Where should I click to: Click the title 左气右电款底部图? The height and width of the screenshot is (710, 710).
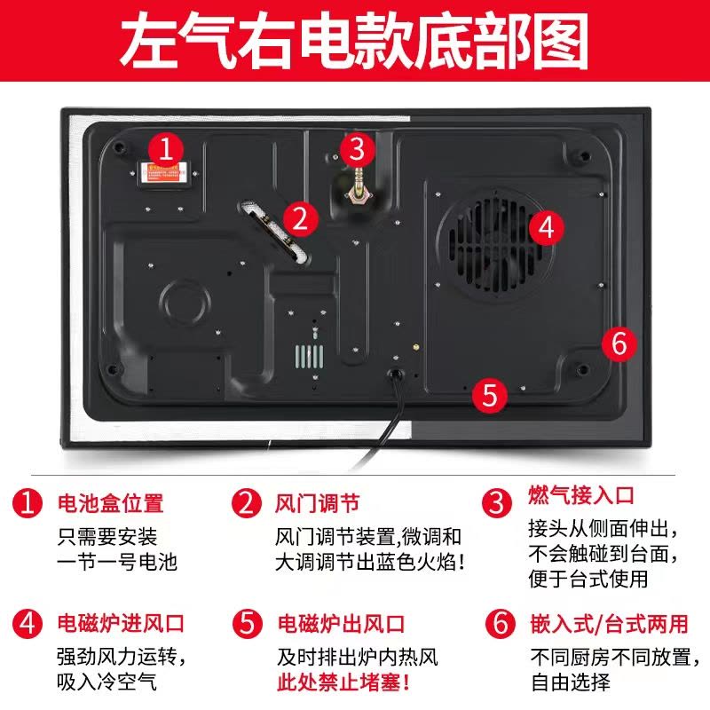click(x=354, y=41)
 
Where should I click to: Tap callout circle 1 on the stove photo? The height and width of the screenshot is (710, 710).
click(x=166, y=149)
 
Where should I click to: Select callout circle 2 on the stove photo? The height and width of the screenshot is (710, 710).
click(x=301, y=218)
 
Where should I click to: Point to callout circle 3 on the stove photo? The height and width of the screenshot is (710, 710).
click(x=358, y=149)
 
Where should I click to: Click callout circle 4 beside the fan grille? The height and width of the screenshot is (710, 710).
click(x=547, y=227)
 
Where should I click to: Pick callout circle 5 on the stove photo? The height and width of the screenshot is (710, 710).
click(x=490, y=395)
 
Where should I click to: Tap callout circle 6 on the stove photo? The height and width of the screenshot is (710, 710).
click(x=619, y=343)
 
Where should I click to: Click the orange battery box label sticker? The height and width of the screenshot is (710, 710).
click(x=162, y=173)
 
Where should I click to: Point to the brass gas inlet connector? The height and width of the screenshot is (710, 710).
click(x=359, y=187)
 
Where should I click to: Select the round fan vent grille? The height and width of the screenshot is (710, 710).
click(x=495, y=245)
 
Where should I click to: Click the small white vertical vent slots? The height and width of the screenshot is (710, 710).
click(x=309, y=357)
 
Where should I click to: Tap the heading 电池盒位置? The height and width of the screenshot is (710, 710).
click(x=110, y=503)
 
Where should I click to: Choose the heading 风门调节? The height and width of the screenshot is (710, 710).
click(x=318, y=503)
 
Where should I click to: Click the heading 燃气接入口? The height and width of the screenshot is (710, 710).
click(x=581, y=494)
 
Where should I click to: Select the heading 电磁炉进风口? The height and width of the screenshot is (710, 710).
click(x=121, y=623)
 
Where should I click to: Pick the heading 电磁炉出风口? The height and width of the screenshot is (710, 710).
click(x=341, y=623)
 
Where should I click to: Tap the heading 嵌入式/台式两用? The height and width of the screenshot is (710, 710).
click(x=610, y=623)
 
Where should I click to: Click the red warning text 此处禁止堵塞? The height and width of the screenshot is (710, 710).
click(x=343, y=682)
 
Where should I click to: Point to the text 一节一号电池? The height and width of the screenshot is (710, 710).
click(x=117, y=562)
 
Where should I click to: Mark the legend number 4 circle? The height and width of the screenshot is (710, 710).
click(x=28, y=623)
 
